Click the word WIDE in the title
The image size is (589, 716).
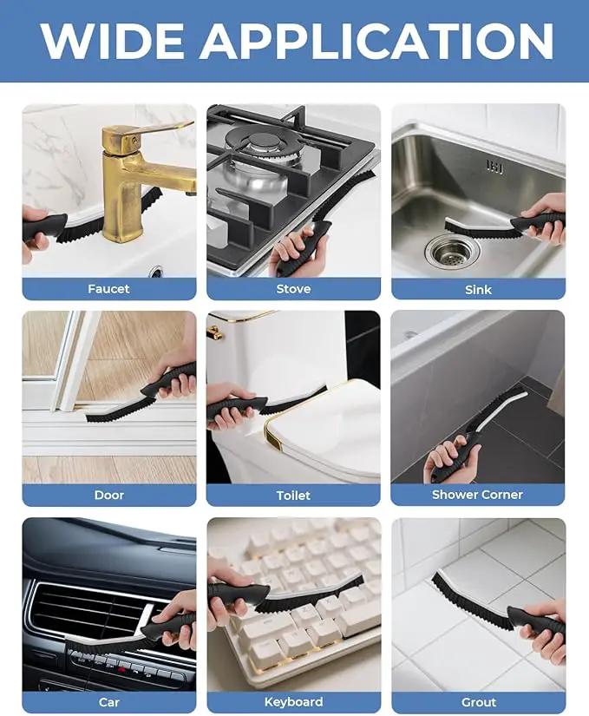coord(113,41)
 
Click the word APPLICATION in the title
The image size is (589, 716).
coord(377,41)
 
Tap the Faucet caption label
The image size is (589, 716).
coord(108,289)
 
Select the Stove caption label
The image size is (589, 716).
coord(293,289)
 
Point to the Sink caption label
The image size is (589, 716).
coord(478,290)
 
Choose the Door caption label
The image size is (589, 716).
coord(109,495)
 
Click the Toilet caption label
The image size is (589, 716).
coord(293,496)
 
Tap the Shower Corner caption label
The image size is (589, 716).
coord(477,495)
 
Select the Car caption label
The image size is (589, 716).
coord(109,702)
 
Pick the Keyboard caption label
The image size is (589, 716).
coord(293,702)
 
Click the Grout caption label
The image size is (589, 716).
coord(479,702)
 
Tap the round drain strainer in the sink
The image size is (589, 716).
coord(451,251)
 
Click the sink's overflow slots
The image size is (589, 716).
coord(494,167)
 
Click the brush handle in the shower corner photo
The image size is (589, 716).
coord(455,455)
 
